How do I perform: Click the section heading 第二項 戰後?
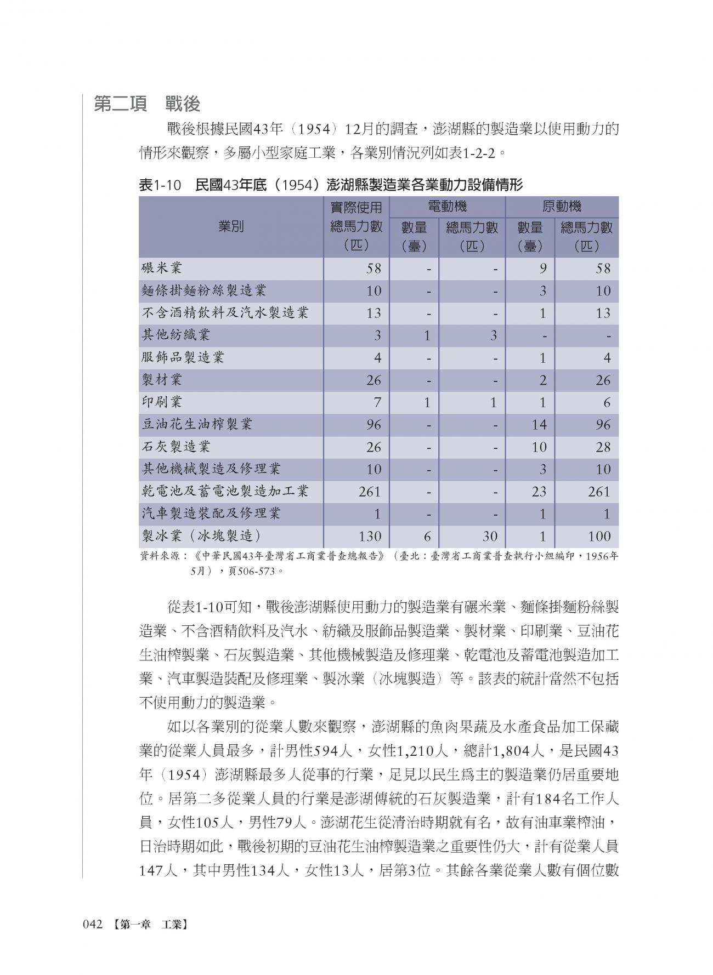pyautogui.click(x=147, y=104)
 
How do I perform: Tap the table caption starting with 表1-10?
pyautogui.click(x=331, y=185)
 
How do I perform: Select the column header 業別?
pyautogui.click(x=231, y=226)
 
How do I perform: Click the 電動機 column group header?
pyautogui.click(x=447, y=207)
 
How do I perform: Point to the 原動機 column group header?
pyautogui.click(x=562, y=207)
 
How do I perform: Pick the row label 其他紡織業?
pyautogui.click(x=176, y=335)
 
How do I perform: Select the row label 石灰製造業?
pyautogui.click(x=176, y=447)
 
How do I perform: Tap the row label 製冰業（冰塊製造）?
pyautogui.click(x=201, y=535)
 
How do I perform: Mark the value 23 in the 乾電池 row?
pyautogui.click(x=539, y=492)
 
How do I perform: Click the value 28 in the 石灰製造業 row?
pyautogui.click(x=603, y=447)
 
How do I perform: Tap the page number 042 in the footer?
pyautogui.click(x=93, y=925)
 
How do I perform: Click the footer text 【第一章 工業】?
pyautogui.click(x=149, y=925)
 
